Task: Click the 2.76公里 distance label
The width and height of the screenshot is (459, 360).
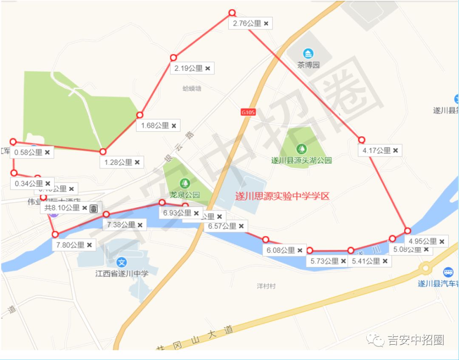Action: point(247,24)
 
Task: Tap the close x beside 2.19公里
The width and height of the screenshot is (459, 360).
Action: point(208,68)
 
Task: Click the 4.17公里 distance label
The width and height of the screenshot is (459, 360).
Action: point(377,150)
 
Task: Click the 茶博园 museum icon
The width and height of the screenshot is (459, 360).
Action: point(308,54)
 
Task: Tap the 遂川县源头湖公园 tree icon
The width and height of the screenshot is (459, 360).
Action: point(301,149)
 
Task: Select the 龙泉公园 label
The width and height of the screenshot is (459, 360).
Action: point(185,195)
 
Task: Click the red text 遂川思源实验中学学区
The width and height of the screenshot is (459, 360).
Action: point(282,196)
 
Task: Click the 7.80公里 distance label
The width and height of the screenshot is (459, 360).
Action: point(70,245)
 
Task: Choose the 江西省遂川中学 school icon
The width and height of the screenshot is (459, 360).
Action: point(122,263)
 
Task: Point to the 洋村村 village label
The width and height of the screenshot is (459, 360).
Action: point(266,286)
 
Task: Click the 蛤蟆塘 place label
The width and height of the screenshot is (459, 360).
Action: point(192,88)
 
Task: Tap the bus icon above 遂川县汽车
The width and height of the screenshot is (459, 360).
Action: point(448,272)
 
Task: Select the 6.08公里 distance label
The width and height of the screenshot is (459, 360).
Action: point(281,251)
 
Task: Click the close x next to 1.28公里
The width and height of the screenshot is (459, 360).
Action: point(137,162)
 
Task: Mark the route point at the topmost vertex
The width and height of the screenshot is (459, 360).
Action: point(232,13)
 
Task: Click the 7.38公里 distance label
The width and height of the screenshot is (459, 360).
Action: point(121,225)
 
